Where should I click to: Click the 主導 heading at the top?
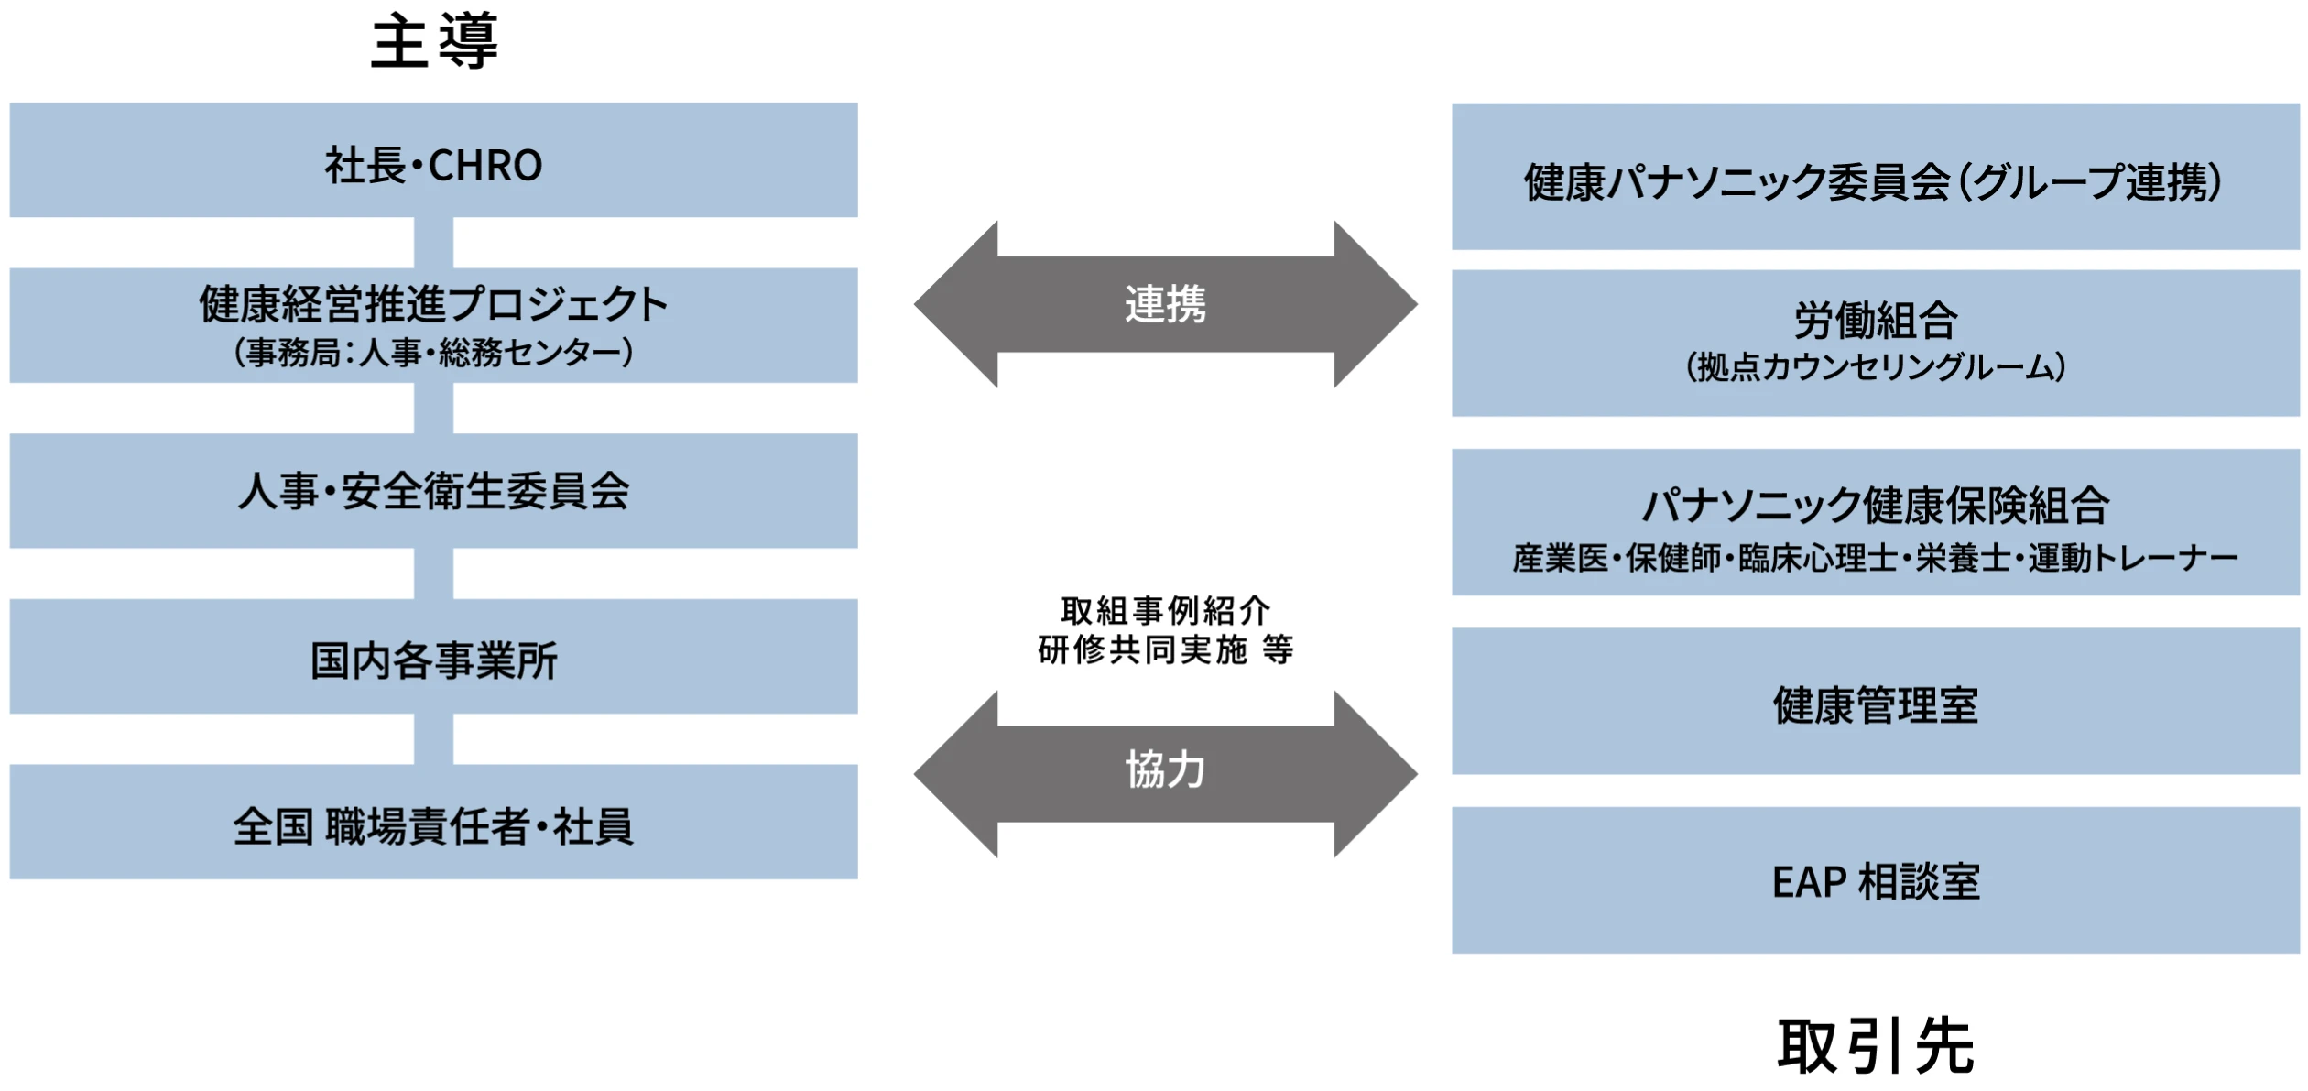[434, 42]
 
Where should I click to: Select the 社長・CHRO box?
[433, 160]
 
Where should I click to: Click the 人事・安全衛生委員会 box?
[433, 491]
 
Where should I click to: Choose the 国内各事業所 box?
[433, 657]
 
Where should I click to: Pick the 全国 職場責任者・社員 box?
[433, 823]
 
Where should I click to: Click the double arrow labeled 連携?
[1165, 304]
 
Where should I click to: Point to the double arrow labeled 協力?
[1165, 774]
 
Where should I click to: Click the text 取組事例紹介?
[1165, 610]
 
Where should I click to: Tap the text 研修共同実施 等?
[1165, 649]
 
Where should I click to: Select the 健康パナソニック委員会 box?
[1875, 177]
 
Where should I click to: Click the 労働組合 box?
[1875, 321]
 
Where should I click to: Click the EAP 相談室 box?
[1875, 880]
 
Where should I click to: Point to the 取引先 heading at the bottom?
[1875, 1045]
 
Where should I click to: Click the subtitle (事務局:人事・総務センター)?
[433, 353]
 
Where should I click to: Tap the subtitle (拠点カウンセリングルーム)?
[1875, 367]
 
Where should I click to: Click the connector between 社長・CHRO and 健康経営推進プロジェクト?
[433, 243]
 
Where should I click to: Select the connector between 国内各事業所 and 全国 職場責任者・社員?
[433, 739]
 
